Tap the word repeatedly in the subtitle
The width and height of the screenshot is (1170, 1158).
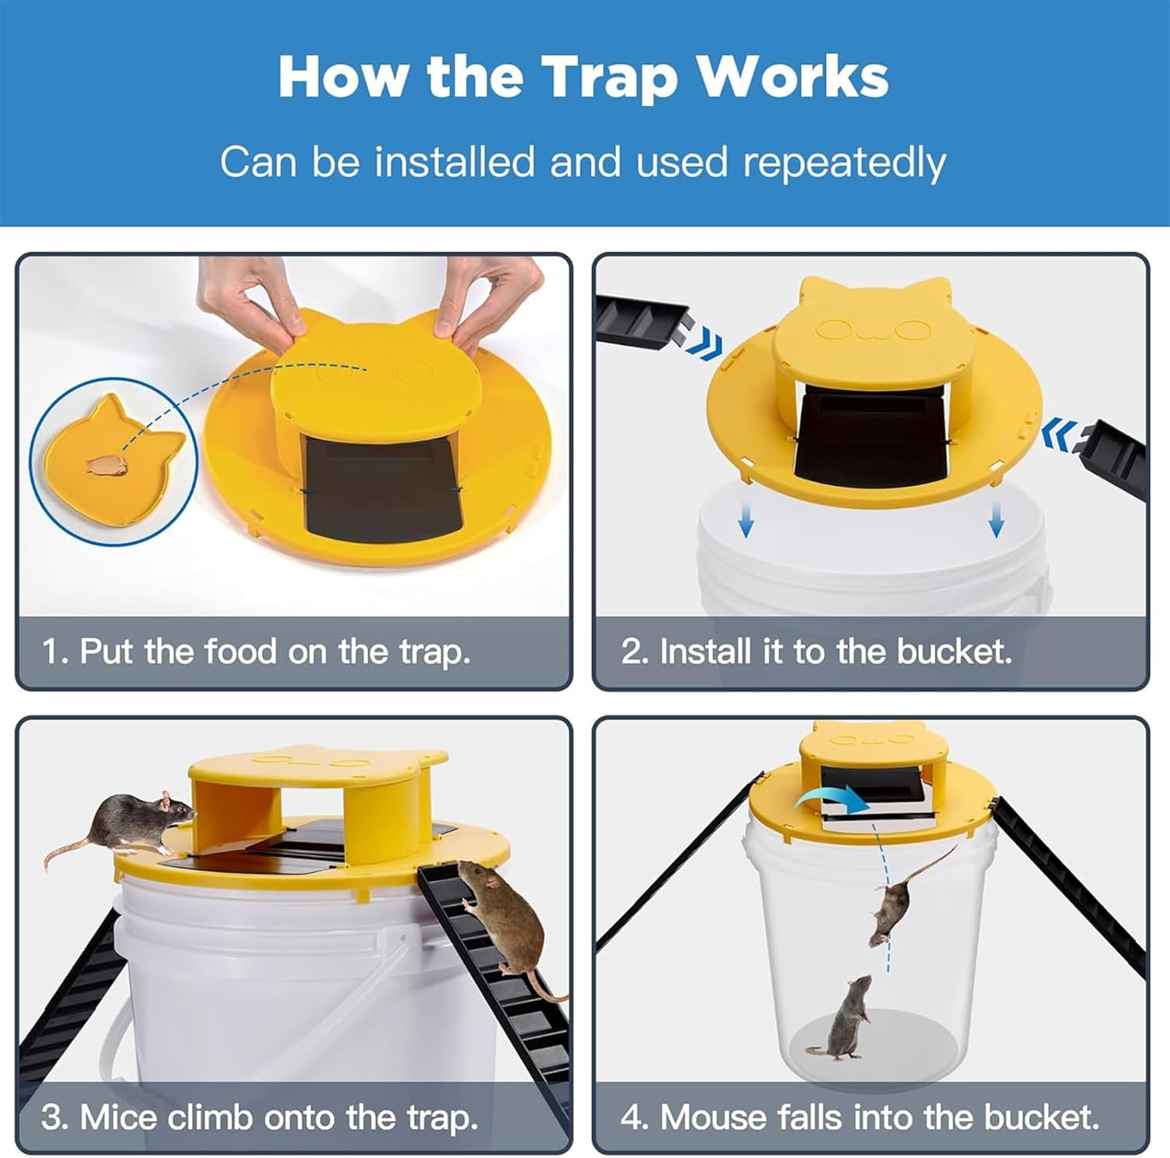tap(844, 164)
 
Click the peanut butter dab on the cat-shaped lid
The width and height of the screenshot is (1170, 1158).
tap(107, 465)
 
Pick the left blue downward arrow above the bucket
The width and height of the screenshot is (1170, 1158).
tap(746, 520)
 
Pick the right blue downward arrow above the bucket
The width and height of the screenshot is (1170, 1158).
tap(996, 520)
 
